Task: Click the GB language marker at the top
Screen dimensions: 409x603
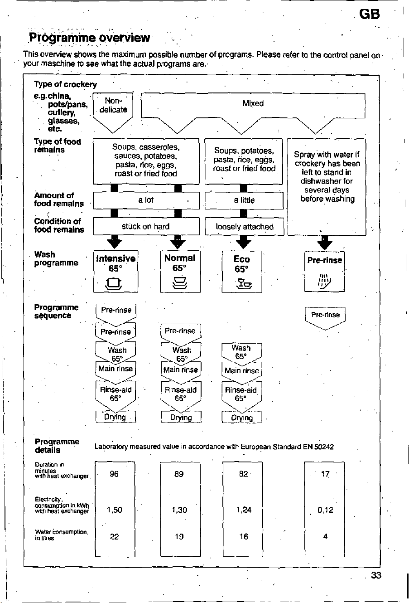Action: (370, 14)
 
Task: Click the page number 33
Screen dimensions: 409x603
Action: (376, 575)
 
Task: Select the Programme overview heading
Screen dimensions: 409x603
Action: (89, 38)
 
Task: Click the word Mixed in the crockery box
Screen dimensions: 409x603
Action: (253, 103)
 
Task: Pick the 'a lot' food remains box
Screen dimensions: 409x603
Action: (146, 200)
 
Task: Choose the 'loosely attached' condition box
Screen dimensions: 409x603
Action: (244, 226)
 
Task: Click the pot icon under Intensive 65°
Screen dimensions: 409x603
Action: (114, 283)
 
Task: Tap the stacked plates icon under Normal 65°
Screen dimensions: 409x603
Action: (180, 282)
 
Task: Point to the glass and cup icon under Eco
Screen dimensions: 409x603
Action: (244, 284)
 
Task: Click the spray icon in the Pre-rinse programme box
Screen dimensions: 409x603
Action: (324, 282)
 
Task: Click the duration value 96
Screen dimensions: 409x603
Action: (114, 474)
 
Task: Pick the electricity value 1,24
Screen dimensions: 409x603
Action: (244, 510)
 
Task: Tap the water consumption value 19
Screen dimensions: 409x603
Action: (179, 536)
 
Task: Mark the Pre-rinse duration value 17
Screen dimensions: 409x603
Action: (325, 474)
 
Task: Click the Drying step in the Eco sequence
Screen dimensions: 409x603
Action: (242, 418)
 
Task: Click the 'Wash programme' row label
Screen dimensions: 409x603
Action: (56, 258)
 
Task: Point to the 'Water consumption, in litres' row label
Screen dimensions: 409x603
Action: (61, 535)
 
